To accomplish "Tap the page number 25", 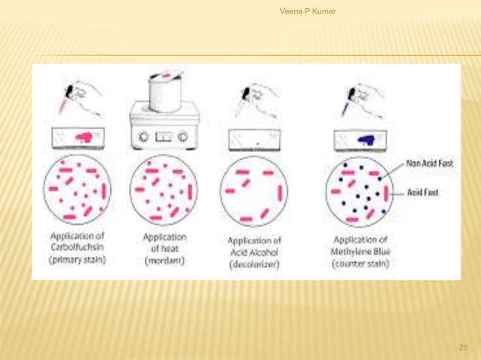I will click(x=463, y=347).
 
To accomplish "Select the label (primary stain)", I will click(x=78, y=261).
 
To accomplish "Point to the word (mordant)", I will click(x=164, y=261).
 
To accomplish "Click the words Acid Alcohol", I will click(x=253, y=252).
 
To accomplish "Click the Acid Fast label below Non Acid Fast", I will click(x=423, y=192).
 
